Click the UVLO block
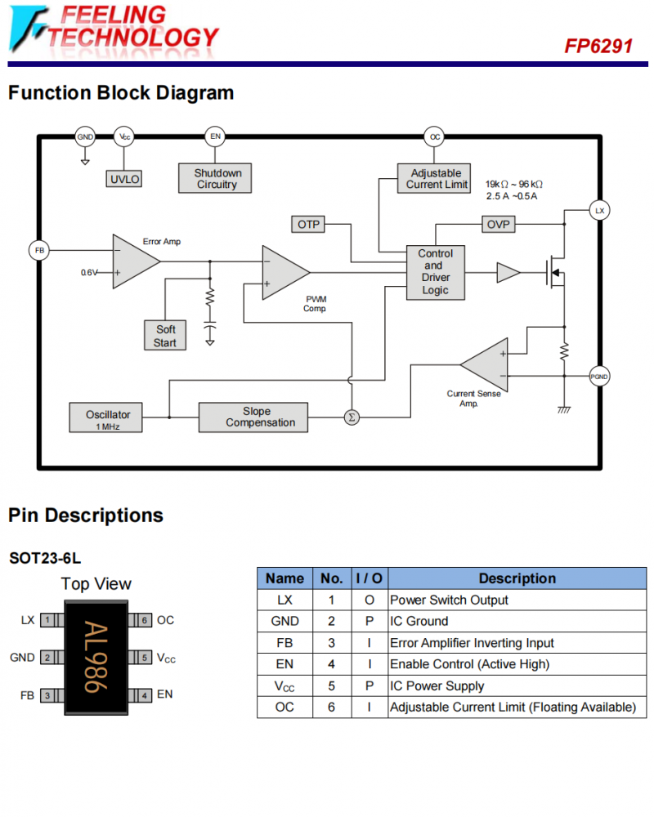point(124,179)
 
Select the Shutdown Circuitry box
point(216,178)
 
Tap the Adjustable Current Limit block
point(437,179)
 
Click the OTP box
point(308,224)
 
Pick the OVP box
point(498,224)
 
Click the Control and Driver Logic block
point(435,272)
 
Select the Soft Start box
point(165,336)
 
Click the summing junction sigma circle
point(352,417)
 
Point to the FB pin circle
point(38,250)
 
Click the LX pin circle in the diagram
point(599,211)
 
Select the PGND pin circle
point(599,377)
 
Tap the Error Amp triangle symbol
point(134,261)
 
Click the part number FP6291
point(598,47)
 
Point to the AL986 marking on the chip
point(95,657)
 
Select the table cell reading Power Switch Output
point(449,600)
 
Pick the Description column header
point(517,578)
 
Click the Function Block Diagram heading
point(121,93)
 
